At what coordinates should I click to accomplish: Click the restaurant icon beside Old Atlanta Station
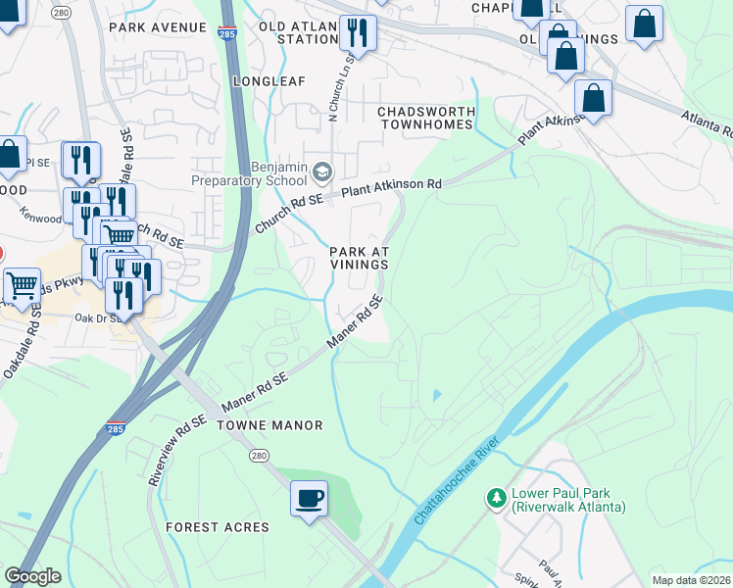point(358,33)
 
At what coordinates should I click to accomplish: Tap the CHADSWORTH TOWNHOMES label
point(425,118)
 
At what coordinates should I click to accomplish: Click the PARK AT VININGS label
point(359,258)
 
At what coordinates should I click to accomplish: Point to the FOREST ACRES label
point(217,527)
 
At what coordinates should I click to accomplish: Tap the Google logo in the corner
point(33,576)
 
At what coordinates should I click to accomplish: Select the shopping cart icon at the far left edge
point(21,287)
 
